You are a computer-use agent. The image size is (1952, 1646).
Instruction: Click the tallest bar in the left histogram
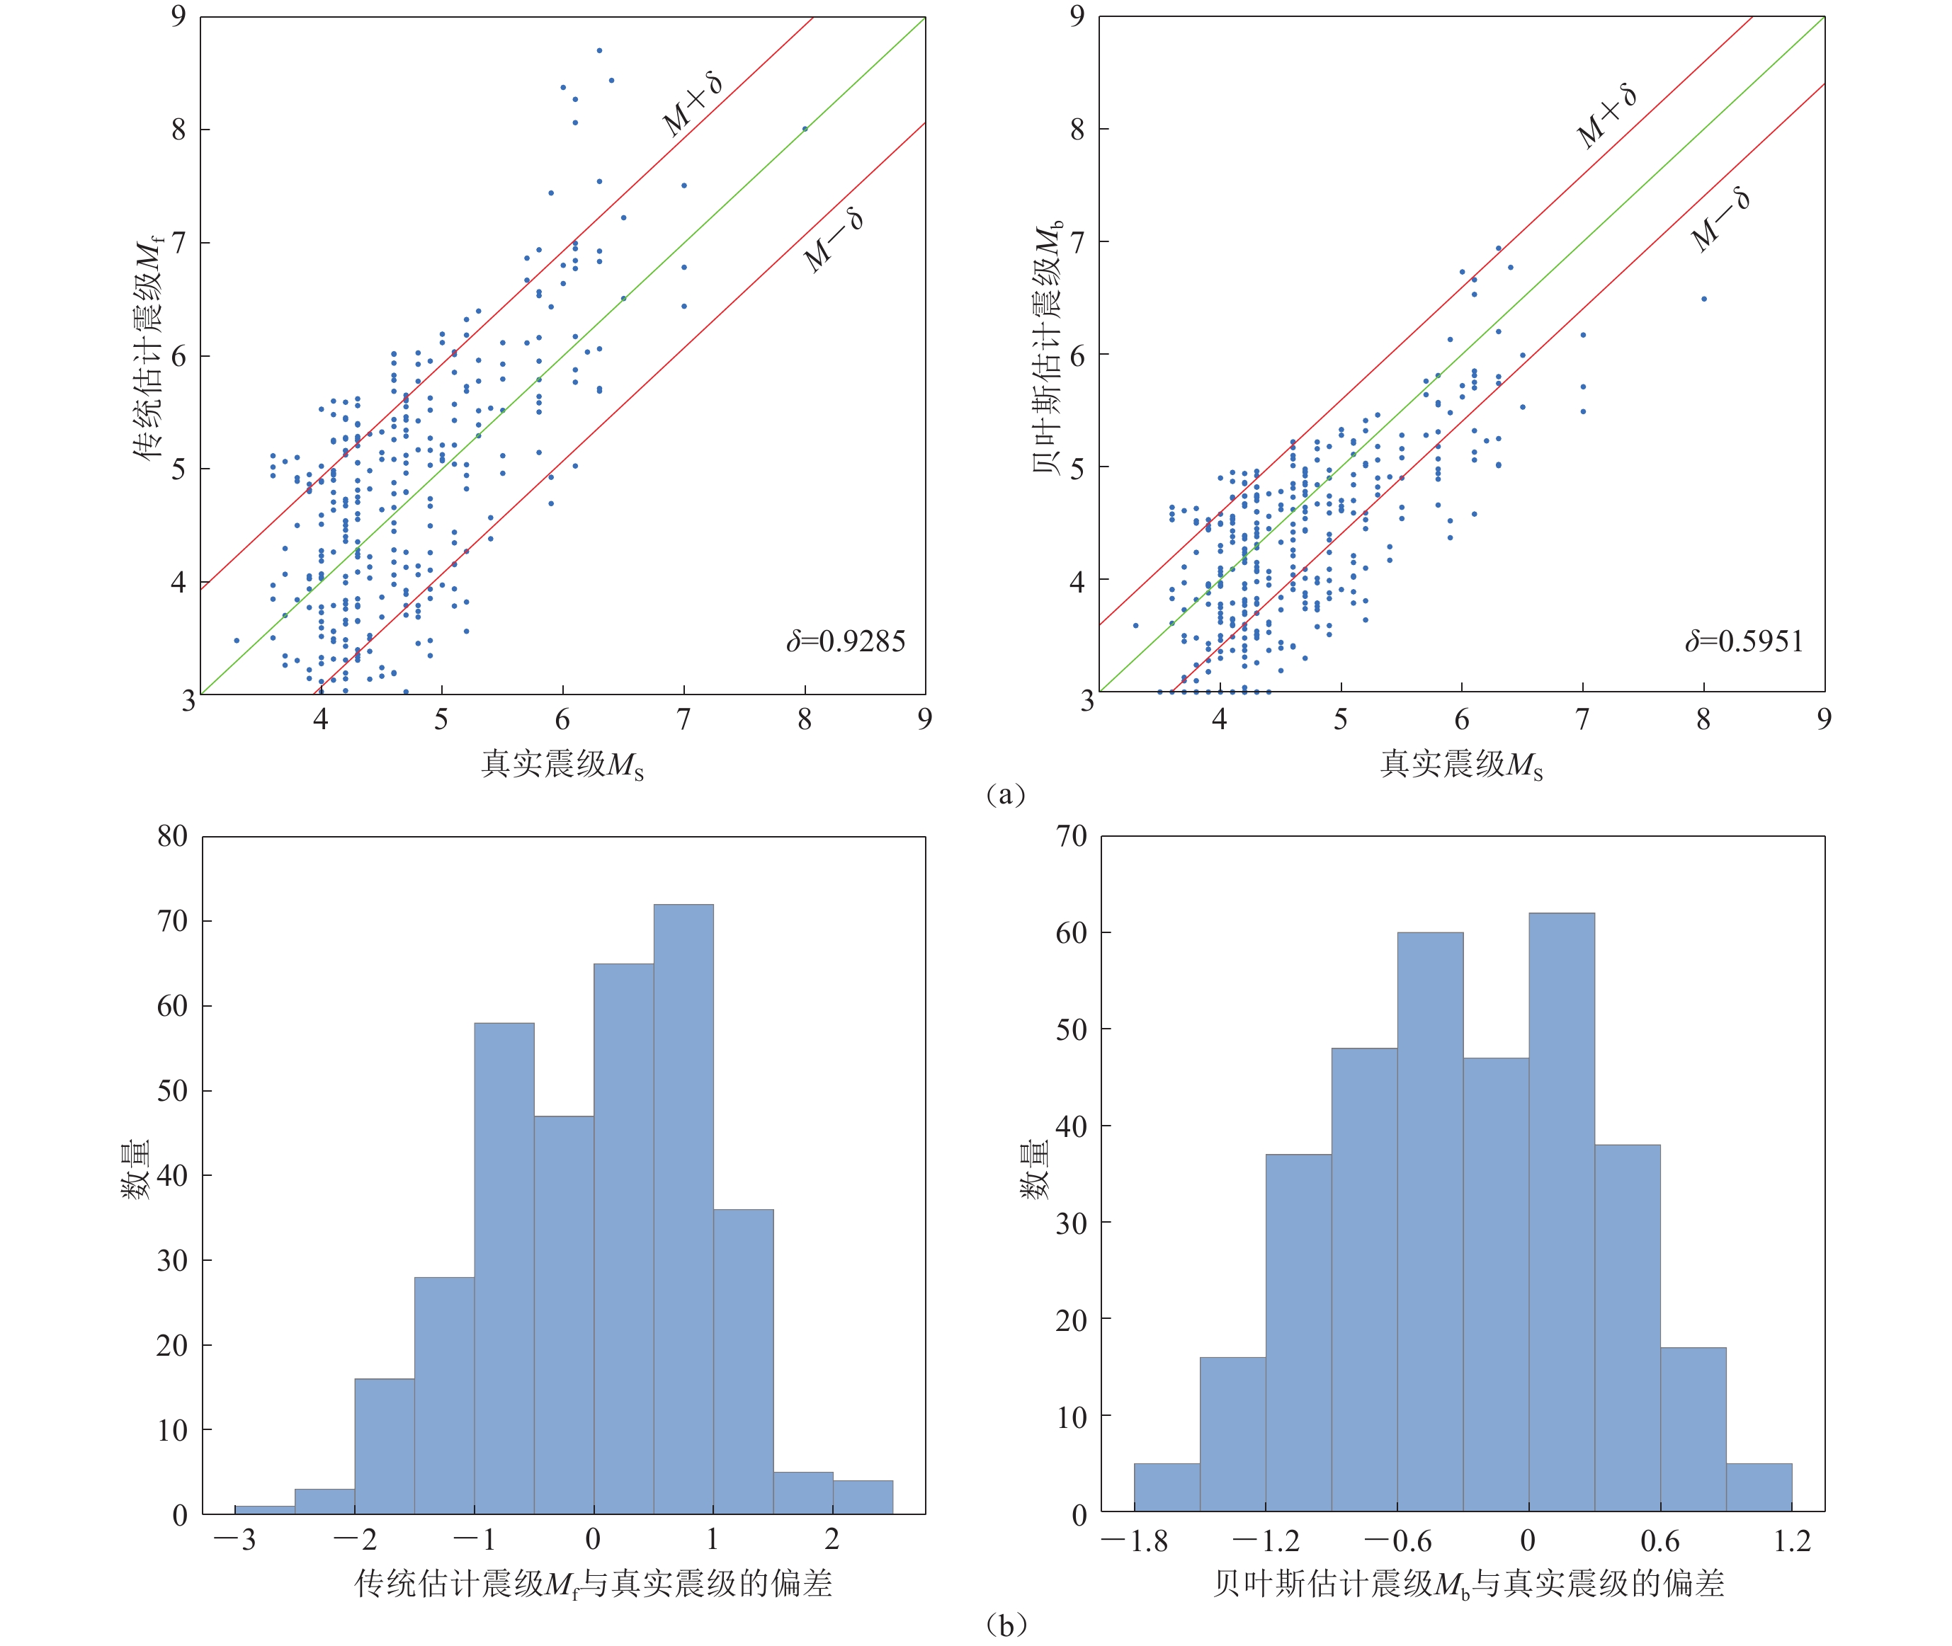coord(683,1208)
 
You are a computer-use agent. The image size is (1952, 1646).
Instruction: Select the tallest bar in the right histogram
coord(1561,1212)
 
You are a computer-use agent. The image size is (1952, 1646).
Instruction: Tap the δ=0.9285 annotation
coord(845,641)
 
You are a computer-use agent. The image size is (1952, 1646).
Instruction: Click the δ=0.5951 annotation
coord(1744,641)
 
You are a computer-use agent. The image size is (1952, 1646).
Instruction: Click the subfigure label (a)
coord(1006,794)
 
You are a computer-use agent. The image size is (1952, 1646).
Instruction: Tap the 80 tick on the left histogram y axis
coord(172,836)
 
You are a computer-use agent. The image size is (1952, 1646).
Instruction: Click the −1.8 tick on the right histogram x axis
coord(1134,1541)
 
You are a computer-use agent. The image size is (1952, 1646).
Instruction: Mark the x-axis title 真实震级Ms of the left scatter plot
coord(562,764)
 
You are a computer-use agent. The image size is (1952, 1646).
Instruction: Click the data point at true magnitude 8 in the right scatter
coord(1703,299)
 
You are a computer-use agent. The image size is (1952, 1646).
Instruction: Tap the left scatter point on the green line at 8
coord(805,129)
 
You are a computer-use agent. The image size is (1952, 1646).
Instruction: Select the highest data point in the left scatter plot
coord(599,50)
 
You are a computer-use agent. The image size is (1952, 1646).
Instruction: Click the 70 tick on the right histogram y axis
coord(1072,836)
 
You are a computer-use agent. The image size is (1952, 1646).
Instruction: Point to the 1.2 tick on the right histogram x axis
coord(1791,1541)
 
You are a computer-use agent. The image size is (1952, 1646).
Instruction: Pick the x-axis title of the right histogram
coord(1468,1584)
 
